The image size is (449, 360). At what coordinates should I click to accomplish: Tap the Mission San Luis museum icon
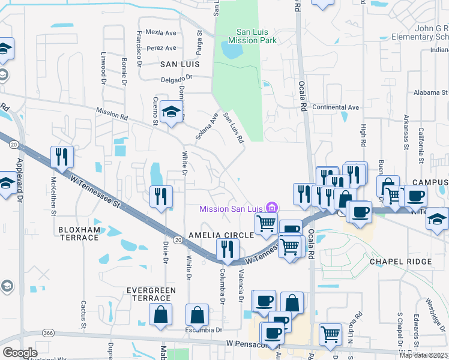[273, 208]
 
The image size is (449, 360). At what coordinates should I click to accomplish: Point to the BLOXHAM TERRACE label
[86, 233]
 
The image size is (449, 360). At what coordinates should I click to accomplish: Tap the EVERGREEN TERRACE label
[149, 294]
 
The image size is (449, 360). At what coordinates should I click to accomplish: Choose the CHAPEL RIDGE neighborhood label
[400, 262]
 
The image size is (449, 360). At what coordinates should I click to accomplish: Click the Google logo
[20, 353]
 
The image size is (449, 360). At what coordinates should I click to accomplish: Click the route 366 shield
[49, 332]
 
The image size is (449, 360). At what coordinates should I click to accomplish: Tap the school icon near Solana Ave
[172, 112]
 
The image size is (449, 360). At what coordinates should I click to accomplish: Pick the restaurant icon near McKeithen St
[62, 157]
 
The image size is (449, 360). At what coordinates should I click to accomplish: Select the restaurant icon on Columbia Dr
[227, 249]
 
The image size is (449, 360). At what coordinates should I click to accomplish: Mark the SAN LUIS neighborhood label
[179, 63]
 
